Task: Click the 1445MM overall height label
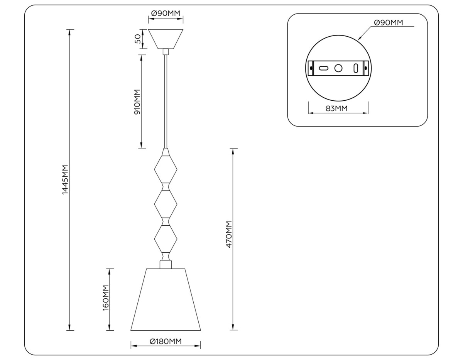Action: tap(65, 179)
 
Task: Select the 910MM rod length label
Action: tap(137, 101)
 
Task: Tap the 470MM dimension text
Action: tap(229, 234)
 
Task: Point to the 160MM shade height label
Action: tap(106, 297)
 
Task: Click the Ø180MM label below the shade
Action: tap(166, 341)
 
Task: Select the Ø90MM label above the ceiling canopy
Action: tap(166, 14)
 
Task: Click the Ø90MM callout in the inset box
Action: tap(389, 23)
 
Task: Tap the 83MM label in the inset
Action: tap(336, 108)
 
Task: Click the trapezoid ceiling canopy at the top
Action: tap(166, 39)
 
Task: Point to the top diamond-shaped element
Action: tap(166, 169)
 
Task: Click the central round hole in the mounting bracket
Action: tap(338, 68)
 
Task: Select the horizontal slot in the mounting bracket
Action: tap(323, 68)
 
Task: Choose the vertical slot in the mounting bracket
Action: tap(355, 68)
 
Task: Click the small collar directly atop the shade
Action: tap(166, 264)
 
